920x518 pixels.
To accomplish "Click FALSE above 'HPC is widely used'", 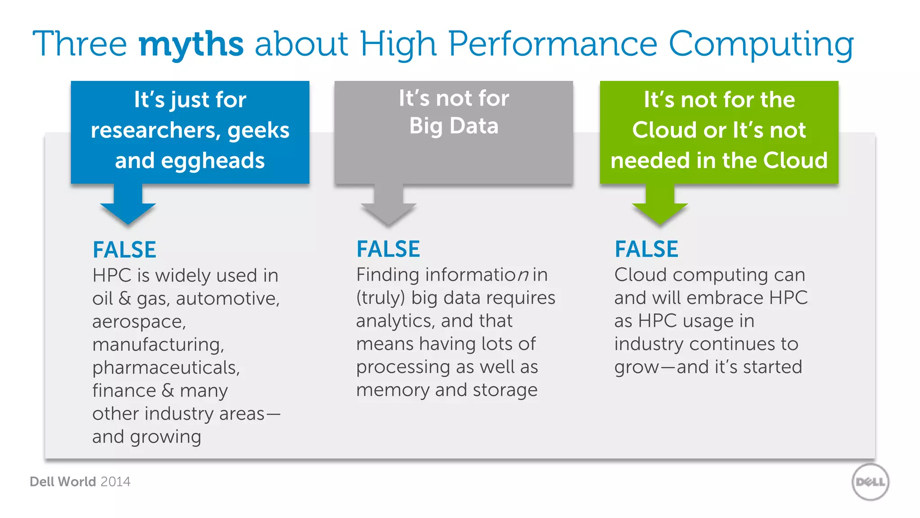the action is (124, 250).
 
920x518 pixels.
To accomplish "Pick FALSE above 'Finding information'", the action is (388, 249).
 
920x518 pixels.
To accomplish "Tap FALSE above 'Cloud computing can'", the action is (646, 249).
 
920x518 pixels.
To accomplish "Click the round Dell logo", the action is (870, 482).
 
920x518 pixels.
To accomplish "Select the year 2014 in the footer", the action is (115, 482).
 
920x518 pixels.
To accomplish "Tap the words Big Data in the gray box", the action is (454, 126).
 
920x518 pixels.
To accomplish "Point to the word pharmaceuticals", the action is (166, 368).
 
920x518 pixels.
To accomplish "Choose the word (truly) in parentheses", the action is (381, 298).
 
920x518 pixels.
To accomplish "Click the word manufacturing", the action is (158, 345).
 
